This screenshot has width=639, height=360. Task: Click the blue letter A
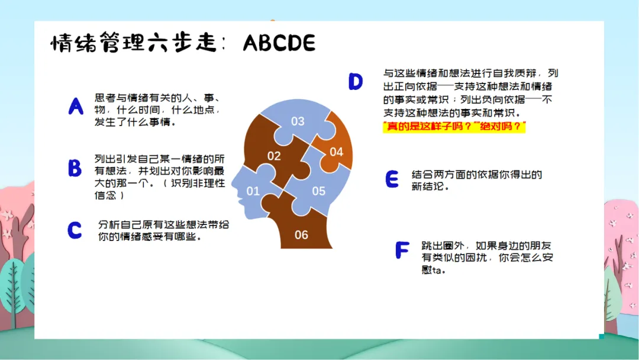(76, 107)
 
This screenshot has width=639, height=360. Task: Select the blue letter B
(75, 168)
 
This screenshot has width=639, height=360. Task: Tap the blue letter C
(75, 230)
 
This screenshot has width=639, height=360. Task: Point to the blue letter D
(356, 81)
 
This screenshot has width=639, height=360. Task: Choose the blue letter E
(392, 179)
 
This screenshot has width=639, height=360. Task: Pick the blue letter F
(402, 250)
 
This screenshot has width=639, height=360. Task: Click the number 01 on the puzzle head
(253, 191)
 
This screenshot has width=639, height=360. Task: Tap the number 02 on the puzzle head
(274, 156)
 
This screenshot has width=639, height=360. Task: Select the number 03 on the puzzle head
(298, 121)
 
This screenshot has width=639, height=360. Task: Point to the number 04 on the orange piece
(336, 152)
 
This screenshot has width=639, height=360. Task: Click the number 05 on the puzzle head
(319, 191)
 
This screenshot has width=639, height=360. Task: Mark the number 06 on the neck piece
(301, 235)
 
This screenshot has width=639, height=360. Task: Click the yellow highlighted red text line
(454, 126)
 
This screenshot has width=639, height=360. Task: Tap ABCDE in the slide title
(279, 43)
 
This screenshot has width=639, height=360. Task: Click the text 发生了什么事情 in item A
(132, 122)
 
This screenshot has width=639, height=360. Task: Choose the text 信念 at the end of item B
(105, 195)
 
